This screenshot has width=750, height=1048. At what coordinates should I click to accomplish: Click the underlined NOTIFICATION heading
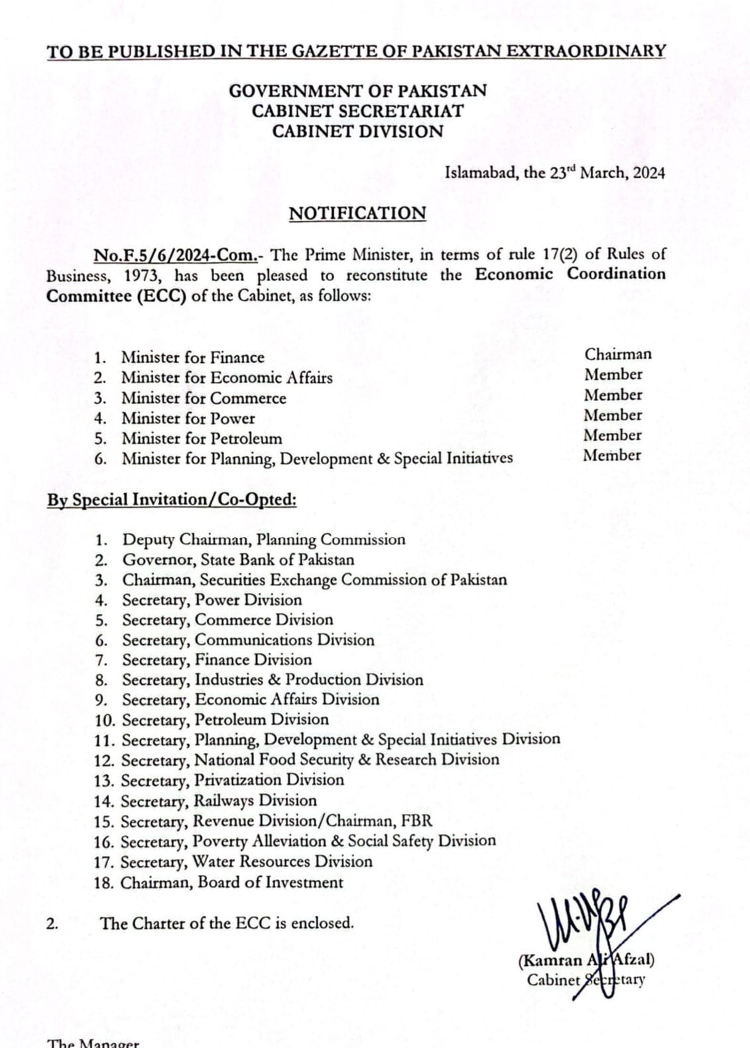tap(357, 213)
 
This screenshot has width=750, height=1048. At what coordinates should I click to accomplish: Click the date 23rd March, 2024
tap(607, 173)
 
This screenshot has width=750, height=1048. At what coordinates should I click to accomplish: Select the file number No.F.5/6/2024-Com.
tap(174, 255)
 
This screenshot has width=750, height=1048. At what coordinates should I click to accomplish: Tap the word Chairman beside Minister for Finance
tap(617, 354)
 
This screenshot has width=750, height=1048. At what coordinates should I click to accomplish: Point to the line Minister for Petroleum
tap(201, 439)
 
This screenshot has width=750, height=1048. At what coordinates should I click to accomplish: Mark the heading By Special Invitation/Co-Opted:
tap(171, 500)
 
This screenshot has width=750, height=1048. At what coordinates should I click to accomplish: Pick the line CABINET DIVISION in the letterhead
tap(357, 131)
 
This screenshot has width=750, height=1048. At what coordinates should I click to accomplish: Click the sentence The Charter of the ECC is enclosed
tap(227, 923)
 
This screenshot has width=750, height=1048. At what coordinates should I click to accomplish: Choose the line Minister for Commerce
tap(203, 398)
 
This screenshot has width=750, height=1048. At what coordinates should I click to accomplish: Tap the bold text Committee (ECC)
tap(116, 296)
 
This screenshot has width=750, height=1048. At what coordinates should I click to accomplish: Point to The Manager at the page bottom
tap(94, 1043)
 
